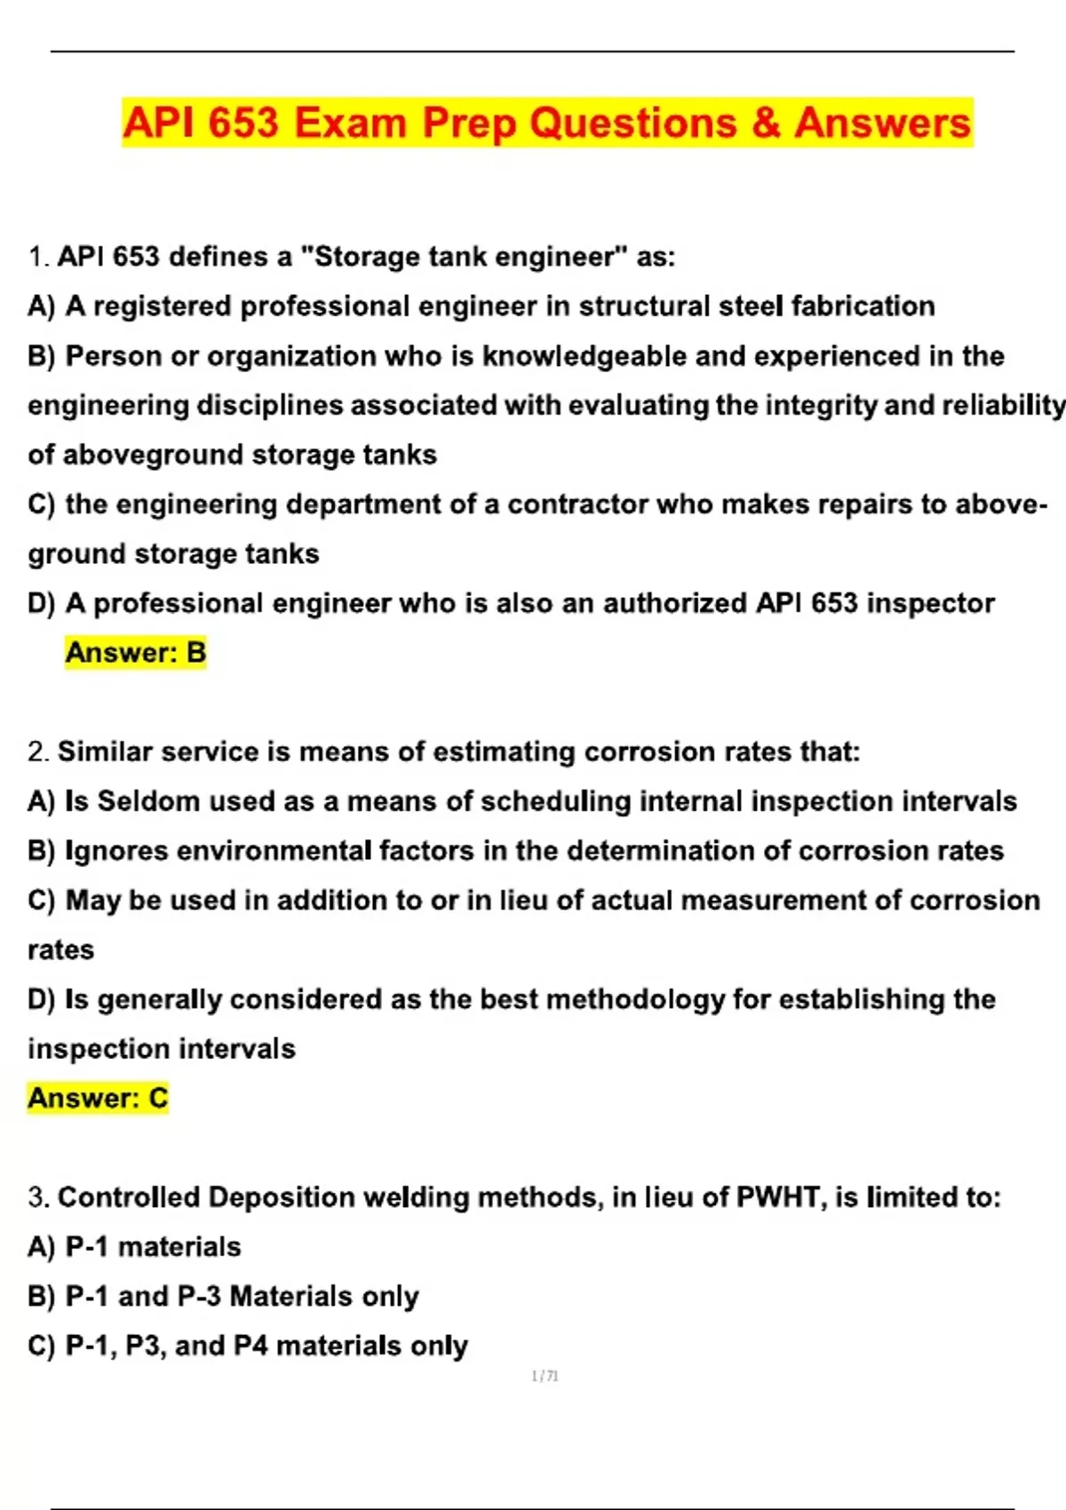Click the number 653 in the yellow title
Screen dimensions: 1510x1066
pyautogui.click(x=243, y=123)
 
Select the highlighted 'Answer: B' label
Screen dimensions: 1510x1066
pyautogui.click(x=135, y=653)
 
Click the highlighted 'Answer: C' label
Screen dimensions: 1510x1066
pyautogui.click(x=98, y=1099)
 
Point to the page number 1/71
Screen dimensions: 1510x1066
pyautogui.click(x=545, y=1377)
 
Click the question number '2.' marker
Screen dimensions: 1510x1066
pyautogui.click(x=38, y=752)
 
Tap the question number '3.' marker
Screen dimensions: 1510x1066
pyautogui.click(x=38, y=1197)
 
